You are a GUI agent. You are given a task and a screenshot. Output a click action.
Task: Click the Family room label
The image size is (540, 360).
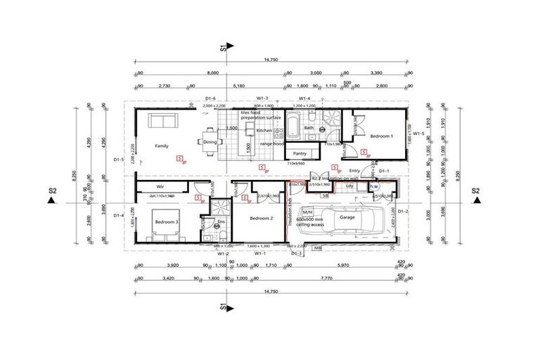pyautogui.click(x=162, y=146)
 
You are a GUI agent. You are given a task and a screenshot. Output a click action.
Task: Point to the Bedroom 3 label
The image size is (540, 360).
pyautogui.click(x=167, y=222)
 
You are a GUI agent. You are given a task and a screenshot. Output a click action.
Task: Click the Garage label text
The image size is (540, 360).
pyautogui.click(x=348, y=218)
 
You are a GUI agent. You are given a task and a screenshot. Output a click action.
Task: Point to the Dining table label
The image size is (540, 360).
pyautogui.click(x=210, y=142)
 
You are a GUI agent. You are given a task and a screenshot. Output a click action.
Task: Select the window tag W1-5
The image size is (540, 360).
pyautogui.click(x=418, y=133)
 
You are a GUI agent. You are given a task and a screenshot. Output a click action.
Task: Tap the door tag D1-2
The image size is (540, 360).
pyautogui.click(x=403, y=211)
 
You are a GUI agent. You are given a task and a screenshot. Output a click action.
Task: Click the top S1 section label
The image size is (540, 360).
pyautogui.click(x=223, y=49)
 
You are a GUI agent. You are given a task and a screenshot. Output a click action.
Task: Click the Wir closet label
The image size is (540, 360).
pyautogui.click(x=160, y=186)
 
